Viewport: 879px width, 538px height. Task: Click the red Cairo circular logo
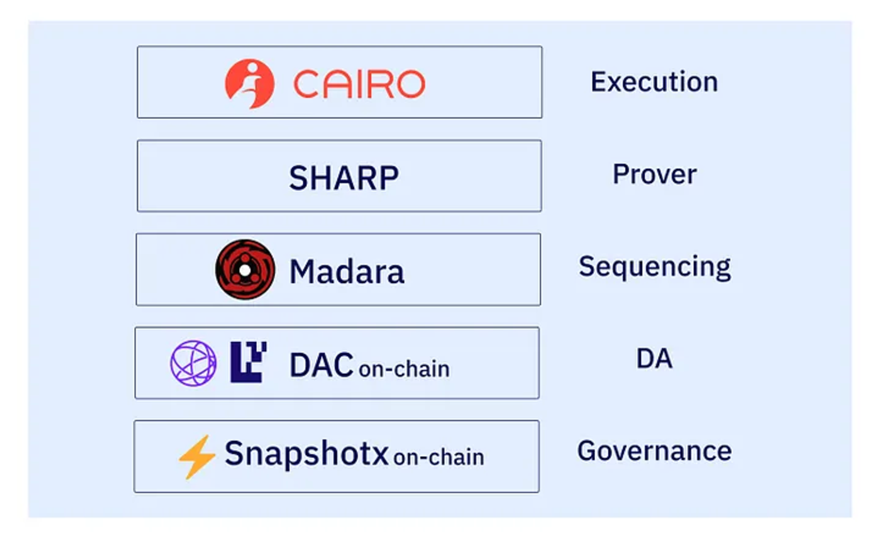(x=250, y=84)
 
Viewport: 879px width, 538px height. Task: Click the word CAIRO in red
(x=359, y=84)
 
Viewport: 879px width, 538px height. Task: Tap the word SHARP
(x=344, y=177)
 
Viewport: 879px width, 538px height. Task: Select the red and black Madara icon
(x=245, y=270)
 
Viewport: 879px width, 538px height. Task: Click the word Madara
(x=347, y=272)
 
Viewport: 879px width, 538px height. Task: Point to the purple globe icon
(x=193, y=363)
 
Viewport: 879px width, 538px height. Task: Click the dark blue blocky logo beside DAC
(x=248, y=362)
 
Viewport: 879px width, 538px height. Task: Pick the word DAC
(x=321, y=365)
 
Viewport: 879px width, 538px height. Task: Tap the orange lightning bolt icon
(x=197, y=457)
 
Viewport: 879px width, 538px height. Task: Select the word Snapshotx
(x=307, y=453)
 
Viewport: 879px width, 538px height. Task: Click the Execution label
(x=654, y=82)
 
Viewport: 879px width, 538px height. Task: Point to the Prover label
(x=655, y=174)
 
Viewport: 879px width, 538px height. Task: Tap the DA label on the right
(x=654, y=358)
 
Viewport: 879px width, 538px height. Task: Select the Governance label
(x=654, y=451)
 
